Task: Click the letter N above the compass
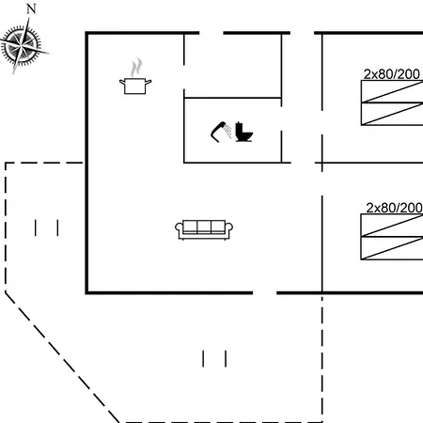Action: pos(31,9)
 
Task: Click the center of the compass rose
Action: pos(22,46)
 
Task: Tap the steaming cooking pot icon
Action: pos(135,76)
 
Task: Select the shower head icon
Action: pos(221,132)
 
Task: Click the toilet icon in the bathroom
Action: pos(243,132)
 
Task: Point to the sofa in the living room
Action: pos(204,230)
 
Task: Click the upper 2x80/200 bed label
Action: pos(392,74)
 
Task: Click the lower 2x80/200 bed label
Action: pos(394,208)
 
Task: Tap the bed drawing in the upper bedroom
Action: pos(392,102)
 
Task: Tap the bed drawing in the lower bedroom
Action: pos(392,237)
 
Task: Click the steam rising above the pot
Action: pos(136,67)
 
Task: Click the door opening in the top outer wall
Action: pos(211,33)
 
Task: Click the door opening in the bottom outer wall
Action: pos(265,293)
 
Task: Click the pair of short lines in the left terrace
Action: pos(46,227)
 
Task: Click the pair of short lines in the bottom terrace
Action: pos(214,359)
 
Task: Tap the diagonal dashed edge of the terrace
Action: pos(62,357)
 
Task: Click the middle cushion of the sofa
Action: pos(204,227)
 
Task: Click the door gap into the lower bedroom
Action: pos(322,183)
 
